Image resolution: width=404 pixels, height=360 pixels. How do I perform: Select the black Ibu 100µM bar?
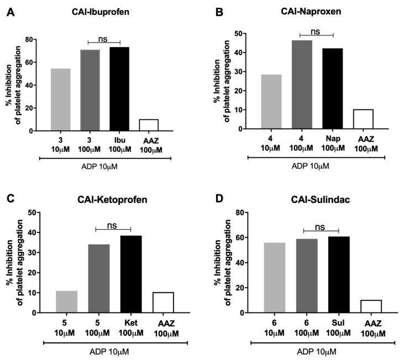coord(119,89)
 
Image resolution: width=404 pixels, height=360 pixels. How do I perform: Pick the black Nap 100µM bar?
coord(333,88)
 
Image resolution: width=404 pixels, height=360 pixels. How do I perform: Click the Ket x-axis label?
coord(130,321)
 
